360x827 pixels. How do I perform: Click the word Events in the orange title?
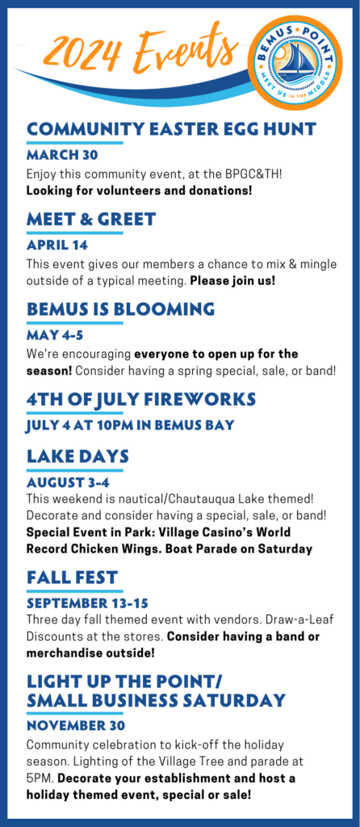pos(185,48)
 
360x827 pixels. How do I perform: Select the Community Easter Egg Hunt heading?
pos(171,128)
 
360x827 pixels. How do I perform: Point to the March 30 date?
pos(62,156)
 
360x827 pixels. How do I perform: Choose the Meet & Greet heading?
pos(91,219)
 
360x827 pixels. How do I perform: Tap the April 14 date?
pos(57,246)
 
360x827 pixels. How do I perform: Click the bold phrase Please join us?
pos(232,280)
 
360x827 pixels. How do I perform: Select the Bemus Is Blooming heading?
pos(121,309)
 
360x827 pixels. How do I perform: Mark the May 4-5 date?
pos(55,335)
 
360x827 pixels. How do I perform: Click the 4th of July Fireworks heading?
pos(141,399)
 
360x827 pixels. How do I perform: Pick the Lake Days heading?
pos(77,456)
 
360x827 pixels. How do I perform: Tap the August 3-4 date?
pos(68,482)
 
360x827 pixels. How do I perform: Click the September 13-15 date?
pos(87,602)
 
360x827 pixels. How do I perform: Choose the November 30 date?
pos(76,726)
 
